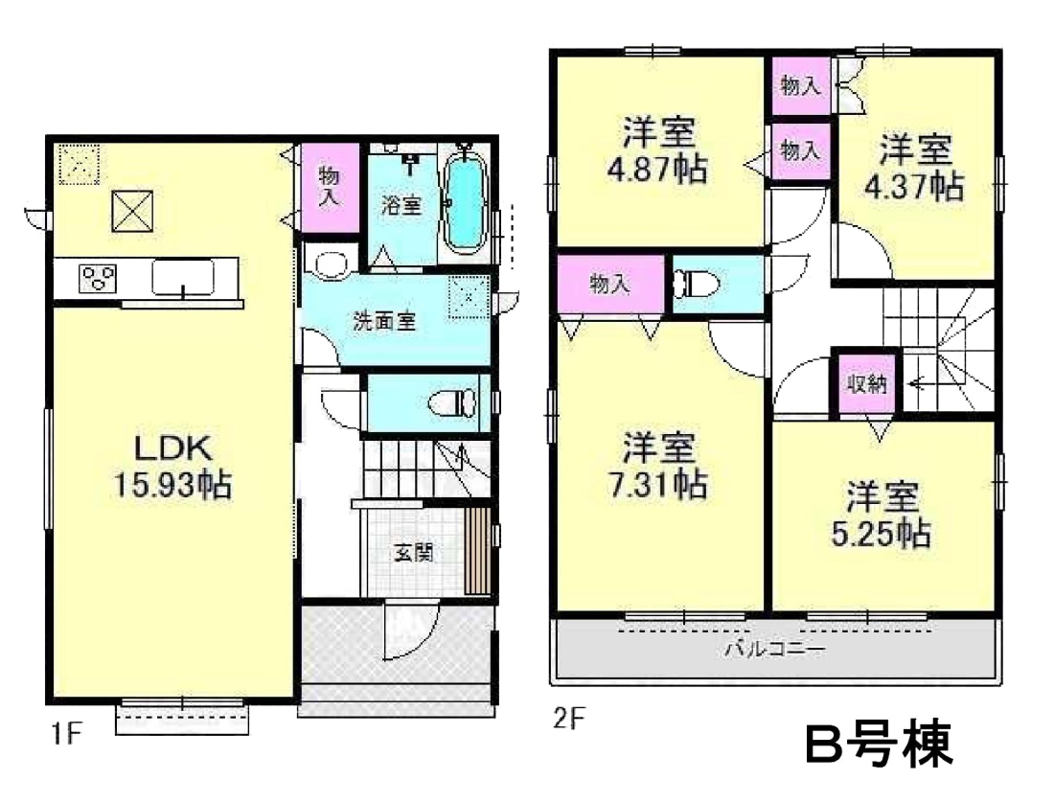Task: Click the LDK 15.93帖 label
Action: (172, 466)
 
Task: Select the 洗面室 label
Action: (385, 322)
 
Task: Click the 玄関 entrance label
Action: (413, 553)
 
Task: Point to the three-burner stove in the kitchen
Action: (98, 278)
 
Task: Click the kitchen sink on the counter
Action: (183, 278)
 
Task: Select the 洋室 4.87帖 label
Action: (658, 150)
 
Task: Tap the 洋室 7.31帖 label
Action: (658, 466)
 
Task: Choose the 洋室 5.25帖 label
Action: (882, 515)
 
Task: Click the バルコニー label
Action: (774, 650)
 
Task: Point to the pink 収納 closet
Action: (866, 383)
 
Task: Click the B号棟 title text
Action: (880, 744)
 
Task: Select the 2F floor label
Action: (569, 719)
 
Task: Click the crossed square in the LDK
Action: (132, 210)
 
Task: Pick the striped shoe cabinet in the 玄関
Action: (478, 551)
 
